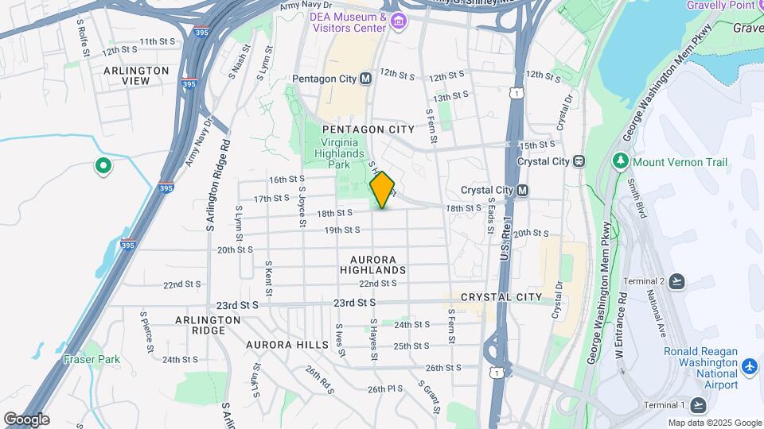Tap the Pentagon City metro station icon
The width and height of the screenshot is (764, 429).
(x=365, y=79)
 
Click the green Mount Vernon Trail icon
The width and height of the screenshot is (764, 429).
(x=622, y=162)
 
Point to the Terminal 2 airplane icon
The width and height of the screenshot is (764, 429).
(x=676, y=282)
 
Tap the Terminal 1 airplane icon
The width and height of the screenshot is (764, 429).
(x=698, y=405)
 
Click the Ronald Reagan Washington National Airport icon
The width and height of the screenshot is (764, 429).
(x=749, y=368)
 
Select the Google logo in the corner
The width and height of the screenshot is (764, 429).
(x=26, y=419)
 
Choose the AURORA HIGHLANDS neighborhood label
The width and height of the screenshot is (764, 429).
(x=379, y=265)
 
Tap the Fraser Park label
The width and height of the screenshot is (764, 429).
(x=92, y=359)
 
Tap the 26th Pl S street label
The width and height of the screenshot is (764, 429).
(x=385, y=389)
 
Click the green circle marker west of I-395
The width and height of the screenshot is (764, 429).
(x=102, y=166)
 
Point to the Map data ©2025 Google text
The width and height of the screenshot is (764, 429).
(x=714, y=423)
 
